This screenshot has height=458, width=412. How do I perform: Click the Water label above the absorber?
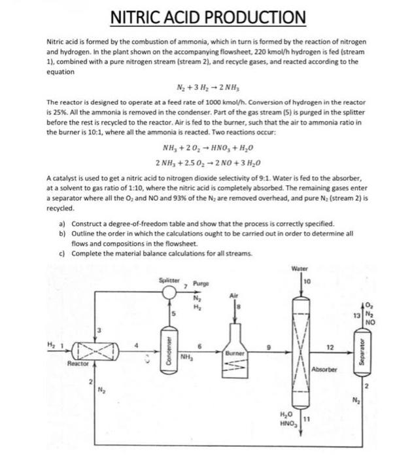[301, 268]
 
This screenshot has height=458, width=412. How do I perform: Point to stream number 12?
[330, 346]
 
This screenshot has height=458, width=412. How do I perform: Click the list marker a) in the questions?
[62, 224]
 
